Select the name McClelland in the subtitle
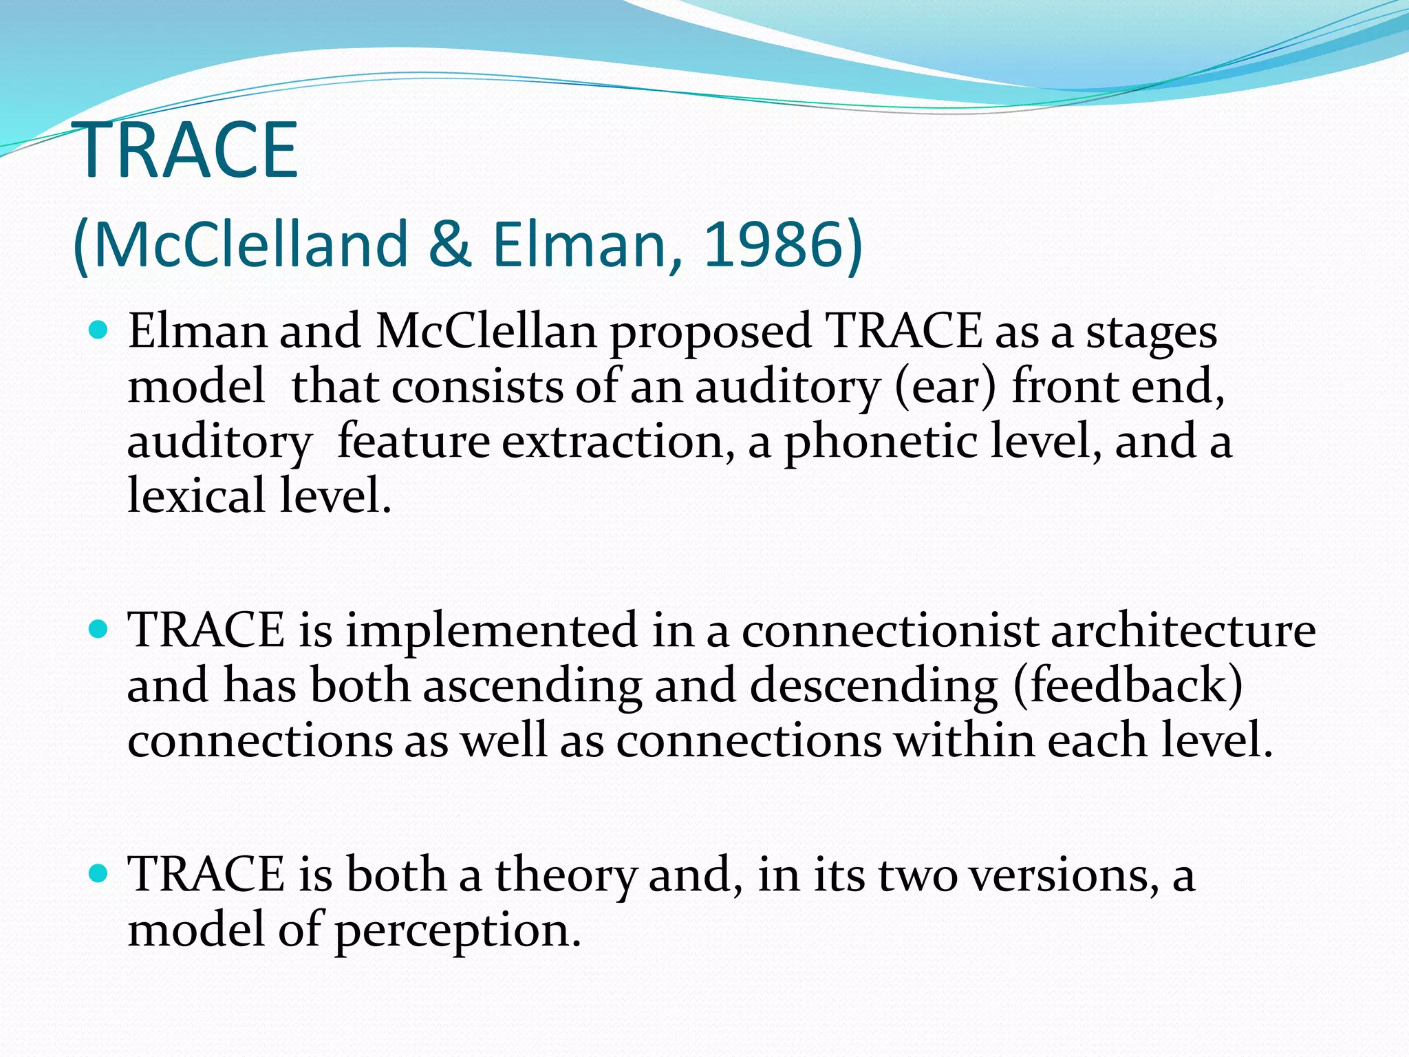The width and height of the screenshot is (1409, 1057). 250,244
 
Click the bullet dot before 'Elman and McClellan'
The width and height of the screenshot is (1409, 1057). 99,331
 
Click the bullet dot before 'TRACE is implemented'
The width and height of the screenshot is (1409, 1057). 99,630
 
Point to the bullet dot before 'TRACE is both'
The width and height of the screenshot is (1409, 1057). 99,874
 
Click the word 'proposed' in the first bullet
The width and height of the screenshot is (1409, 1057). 710,333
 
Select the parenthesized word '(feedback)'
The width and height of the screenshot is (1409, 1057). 1128,685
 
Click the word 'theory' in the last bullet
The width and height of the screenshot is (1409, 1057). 566,875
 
